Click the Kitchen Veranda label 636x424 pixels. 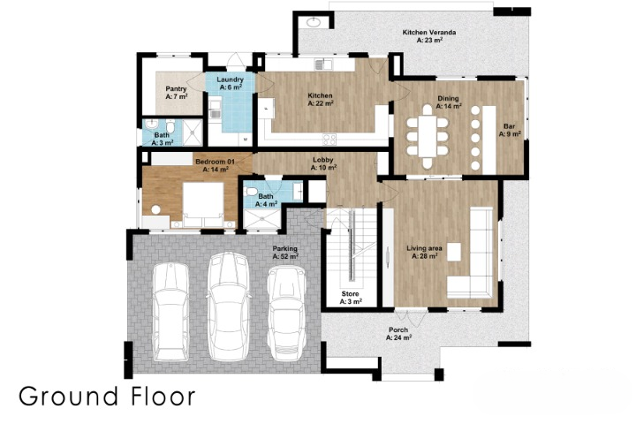pos(422,36)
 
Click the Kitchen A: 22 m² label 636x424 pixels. pos(320,99)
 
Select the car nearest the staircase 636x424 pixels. pos(286,311)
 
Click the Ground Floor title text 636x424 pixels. pos(107,396)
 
